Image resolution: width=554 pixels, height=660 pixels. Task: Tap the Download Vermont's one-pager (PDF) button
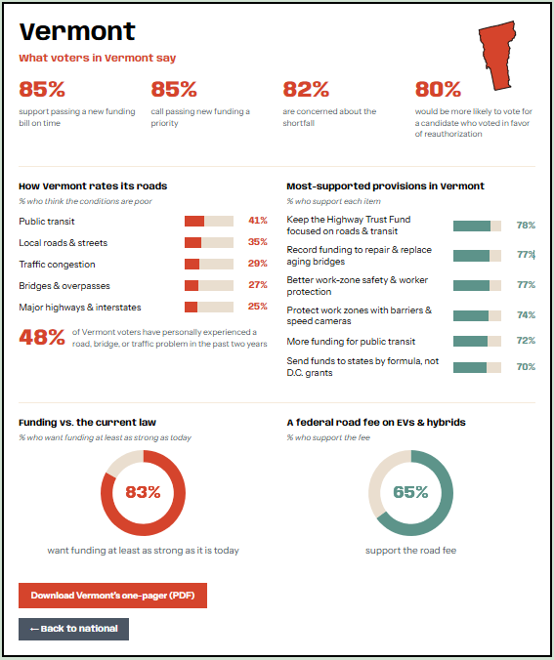pos(112,596)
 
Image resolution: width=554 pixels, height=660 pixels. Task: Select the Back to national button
pos(73,629)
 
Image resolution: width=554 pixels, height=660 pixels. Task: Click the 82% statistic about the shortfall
pos(306,89)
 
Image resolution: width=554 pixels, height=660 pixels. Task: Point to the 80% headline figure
pos(438,89)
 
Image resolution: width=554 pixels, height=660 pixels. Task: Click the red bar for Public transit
pos(194,221)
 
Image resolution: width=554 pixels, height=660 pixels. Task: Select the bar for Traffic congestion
pos(209,264)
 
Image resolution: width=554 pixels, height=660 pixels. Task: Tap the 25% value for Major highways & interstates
pos(257,306)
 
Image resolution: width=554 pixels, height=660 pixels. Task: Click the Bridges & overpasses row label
pos(64,286)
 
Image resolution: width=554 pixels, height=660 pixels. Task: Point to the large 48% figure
pos(42,337)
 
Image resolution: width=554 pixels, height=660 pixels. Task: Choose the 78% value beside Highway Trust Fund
pos(526,226)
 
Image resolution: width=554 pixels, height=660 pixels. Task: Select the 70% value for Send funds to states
pos(526,367)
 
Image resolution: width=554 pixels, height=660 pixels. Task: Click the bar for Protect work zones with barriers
pos(478,315)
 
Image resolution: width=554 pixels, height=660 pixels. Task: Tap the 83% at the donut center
pos(143,492)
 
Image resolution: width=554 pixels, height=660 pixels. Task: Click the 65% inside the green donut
pos(410,492)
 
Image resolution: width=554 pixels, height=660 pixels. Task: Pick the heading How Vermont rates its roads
pos(93,186)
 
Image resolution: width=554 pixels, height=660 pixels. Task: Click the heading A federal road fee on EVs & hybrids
pos(376,422)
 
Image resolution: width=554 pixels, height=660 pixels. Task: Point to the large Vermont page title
pos(77,31)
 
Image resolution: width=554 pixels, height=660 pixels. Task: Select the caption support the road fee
pos(410,550)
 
